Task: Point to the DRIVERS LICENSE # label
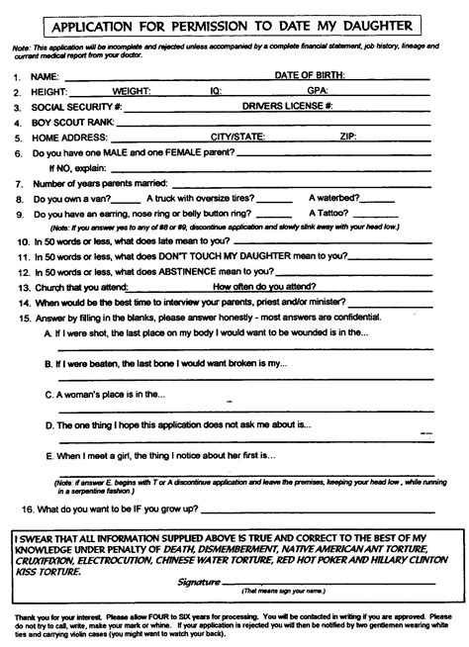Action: click(287, 105)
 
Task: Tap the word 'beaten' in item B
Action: click(111, 365)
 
